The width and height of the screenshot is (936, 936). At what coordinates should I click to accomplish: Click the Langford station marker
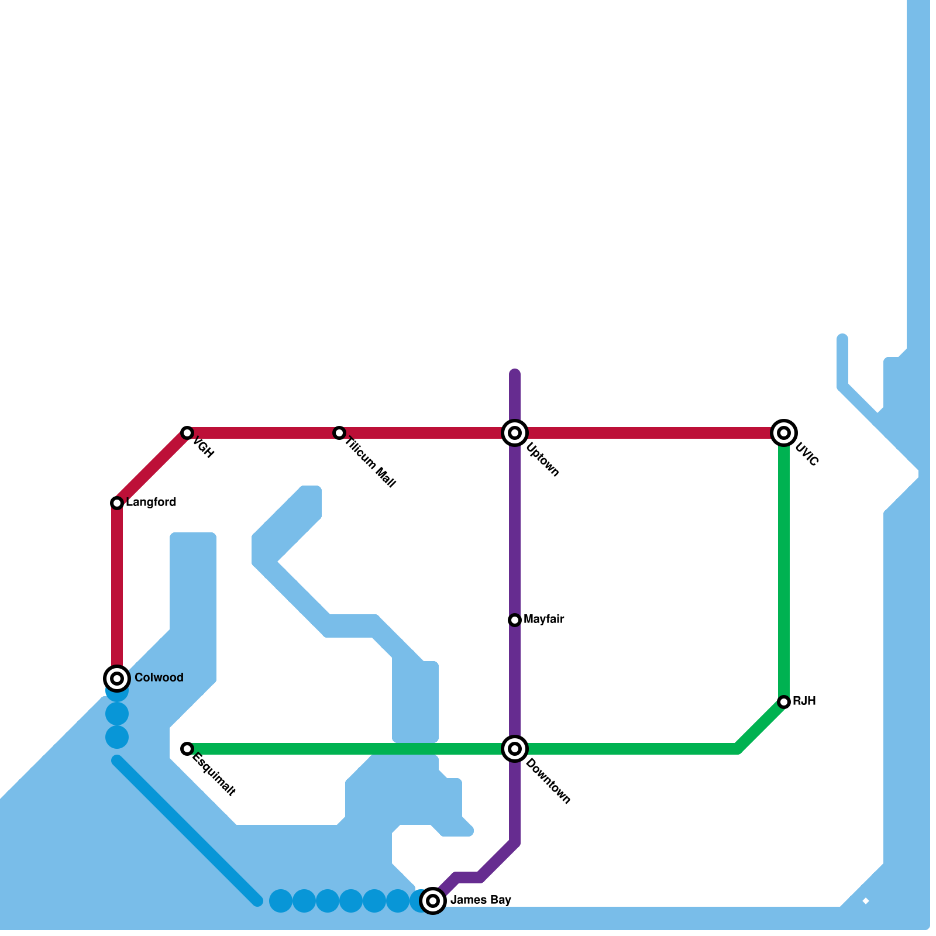coord(117,503)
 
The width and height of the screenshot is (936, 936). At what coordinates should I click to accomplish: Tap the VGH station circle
coord(187,433)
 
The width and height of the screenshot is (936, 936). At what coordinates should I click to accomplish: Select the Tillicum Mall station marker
coord(339,433)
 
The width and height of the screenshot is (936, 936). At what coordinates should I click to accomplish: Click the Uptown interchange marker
coord(515,433)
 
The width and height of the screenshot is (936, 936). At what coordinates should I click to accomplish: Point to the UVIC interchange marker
coord(784,433)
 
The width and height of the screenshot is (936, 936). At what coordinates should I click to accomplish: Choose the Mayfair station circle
coord(515,620)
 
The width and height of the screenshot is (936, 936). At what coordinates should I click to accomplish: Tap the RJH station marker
coord(784,702)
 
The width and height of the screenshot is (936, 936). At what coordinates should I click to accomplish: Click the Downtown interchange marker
coord(515,749)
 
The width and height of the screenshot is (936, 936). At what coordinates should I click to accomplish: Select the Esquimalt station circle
coord(187,749)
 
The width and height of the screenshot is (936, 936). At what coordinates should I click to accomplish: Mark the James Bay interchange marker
coord(433,901)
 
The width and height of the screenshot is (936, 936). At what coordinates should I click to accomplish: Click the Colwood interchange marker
coord(117,679)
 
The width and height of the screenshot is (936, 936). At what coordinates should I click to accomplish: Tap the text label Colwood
coord(159,678)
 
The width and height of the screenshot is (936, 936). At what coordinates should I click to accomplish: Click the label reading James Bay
coord(481,900)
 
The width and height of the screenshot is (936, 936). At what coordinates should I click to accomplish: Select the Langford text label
coord(151,503)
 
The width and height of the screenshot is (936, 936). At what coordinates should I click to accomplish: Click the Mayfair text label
coord(544,620)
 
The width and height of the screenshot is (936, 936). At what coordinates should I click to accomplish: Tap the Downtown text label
coord(548,781)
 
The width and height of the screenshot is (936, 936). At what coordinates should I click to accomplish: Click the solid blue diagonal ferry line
coord(187,831)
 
